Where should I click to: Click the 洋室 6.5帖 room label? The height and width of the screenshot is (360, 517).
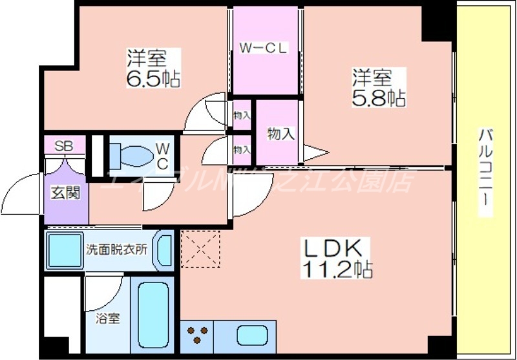click(x=153, y=68)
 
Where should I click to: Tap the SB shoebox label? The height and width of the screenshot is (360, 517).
click(x=63, y=145)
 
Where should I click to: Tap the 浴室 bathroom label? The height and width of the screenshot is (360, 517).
click(x=107, y=318)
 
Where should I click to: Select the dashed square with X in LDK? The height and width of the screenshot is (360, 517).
click(x=200, y=249)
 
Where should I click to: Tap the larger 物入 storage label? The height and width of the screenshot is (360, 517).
click(x=281, y=134)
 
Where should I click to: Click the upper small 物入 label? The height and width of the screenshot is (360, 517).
click(x=242, y=115)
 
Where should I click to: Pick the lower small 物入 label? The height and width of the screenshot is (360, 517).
click(x=242, y=149)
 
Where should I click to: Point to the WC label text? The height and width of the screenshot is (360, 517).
click(x=162, y=156)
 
